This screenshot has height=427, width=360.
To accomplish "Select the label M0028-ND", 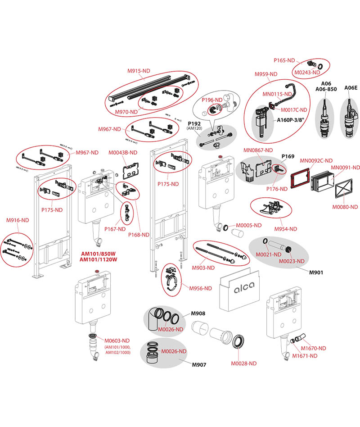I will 243,363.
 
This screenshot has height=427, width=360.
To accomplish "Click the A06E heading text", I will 351,88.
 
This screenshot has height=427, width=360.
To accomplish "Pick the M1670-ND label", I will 314,348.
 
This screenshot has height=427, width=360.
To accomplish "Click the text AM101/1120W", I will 98,260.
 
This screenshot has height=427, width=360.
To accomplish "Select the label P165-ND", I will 284,60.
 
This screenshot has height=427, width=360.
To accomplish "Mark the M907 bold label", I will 198,364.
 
